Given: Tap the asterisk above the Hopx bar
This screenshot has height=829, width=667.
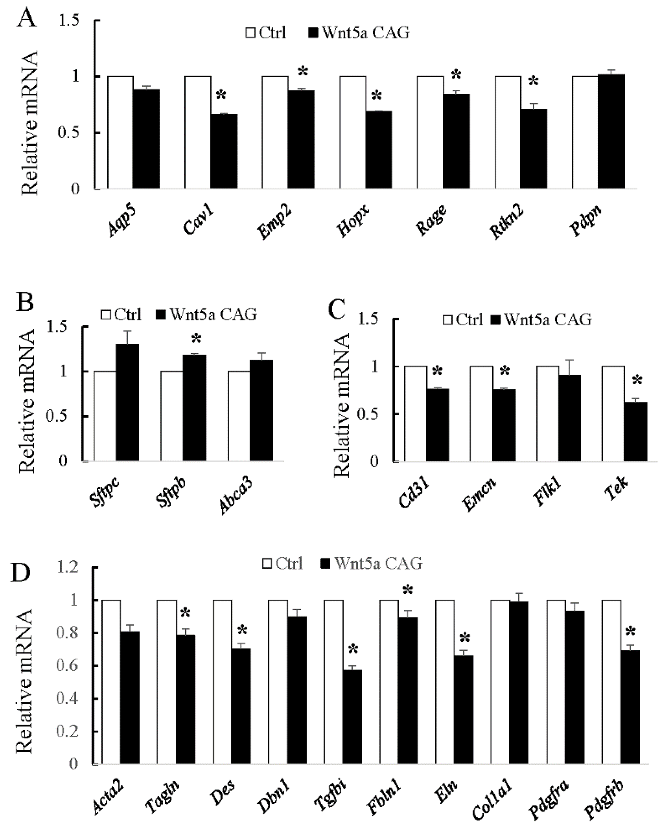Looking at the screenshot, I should pos(377,96).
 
